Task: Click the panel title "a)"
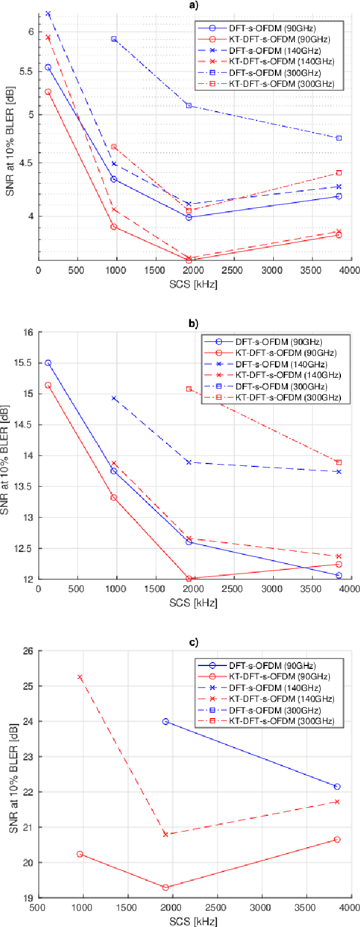tap(193, 5)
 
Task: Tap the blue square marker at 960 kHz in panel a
tap(114, 39)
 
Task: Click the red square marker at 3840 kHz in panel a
tap(339, 173)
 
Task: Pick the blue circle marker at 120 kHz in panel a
tap(48, 67)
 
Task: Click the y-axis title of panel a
tap(10, 142)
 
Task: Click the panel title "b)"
tap(193, 323)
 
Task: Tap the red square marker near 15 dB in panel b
tap(189, 389)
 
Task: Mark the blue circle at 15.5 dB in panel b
tap(48, 363)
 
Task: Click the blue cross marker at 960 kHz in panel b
tap(114, 399)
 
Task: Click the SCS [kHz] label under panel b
tap(193, 603)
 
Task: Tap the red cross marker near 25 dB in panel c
tap(80, 677)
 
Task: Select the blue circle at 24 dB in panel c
tap(166, 722)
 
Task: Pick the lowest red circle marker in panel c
tap(166, 887)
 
